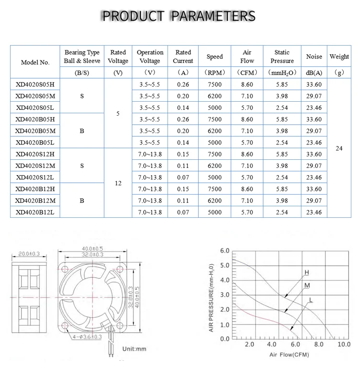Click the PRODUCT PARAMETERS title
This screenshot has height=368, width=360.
[x=179, y=16]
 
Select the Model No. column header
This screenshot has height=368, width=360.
[x=35, y=62]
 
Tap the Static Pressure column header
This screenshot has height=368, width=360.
[x=282, y=57]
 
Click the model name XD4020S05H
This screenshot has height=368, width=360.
[x=35, y=84]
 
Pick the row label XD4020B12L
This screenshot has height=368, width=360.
[x=35, y=212]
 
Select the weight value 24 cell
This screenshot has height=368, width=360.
[x=339, y=148]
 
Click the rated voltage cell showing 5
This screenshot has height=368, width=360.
[x=118, y=114]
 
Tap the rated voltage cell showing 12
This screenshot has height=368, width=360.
[x=118, y=183]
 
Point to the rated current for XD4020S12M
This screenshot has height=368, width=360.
[x=183, y=166]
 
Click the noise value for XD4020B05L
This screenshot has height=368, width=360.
[x=314, y=142]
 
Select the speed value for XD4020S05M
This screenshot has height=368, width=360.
[x=215, y=96]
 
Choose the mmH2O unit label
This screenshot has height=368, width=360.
[x=282, y=73]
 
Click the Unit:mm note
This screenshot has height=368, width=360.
[x=133, y=349]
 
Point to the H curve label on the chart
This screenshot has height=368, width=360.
[x=306, y=273]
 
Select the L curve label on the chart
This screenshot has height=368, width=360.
[x=311, y=300]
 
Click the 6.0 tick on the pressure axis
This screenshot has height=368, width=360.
[x=225, y=251]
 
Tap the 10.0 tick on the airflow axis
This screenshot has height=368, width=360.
[x=344, y=344]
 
